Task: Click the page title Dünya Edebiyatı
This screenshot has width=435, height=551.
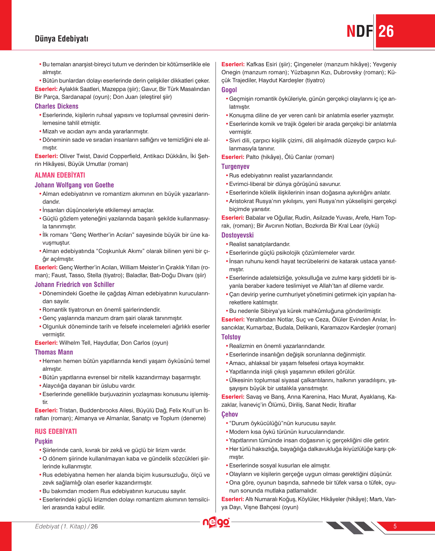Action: (x=61, y=39)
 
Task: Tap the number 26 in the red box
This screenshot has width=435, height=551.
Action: (x=386, y=31)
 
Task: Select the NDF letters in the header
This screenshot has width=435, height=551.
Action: (x=360, y=31)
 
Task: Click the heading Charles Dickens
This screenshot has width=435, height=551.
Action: (x=57, y=106)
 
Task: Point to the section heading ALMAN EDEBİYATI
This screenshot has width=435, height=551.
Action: (x=60, y=175)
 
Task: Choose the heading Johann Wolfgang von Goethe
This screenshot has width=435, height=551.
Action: (x=74, y=185)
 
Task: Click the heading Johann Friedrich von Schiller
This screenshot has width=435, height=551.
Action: (x=74, y=285)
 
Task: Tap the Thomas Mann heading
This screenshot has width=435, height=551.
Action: (x=54, y=352)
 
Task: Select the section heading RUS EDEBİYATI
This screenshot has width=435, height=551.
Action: (x=56, y=431)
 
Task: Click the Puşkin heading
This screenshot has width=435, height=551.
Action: (x=44, y=441)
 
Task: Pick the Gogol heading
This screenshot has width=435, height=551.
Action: (x=229, y=90)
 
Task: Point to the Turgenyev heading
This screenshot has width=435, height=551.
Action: (x=235, y=166)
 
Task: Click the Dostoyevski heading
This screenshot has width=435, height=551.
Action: (x=237, y=235)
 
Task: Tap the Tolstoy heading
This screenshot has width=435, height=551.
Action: (x=231, y=337)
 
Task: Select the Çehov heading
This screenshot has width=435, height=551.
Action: (x=230, y=414)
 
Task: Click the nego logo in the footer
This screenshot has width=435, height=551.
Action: (x=216, y=522)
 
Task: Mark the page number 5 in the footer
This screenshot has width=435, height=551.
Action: (x=395, y=526)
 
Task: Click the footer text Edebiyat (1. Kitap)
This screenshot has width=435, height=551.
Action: (x=60, y=526)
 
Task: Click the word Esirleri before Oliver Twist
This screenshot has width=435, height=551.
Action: (x=46, y=156)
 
